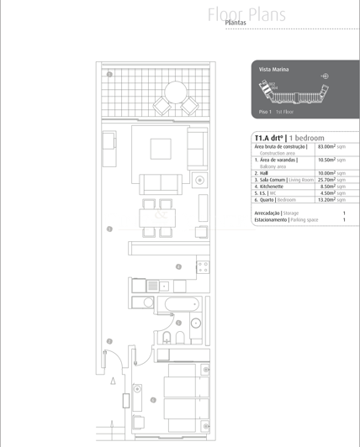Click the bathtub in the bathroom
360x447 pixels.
click(x=180, y=304)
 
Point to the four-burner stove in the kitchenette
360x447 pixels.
click(x=202, y=266)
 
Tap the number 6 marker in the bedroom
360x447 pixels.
click(x=153, y=400)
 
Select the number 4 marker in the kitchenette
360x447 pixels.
click(x=178, y=266)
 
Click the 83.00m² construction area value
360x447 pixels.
click(x=328, y=147)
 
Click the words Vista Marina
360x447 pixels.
click(x=274, y=67)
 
